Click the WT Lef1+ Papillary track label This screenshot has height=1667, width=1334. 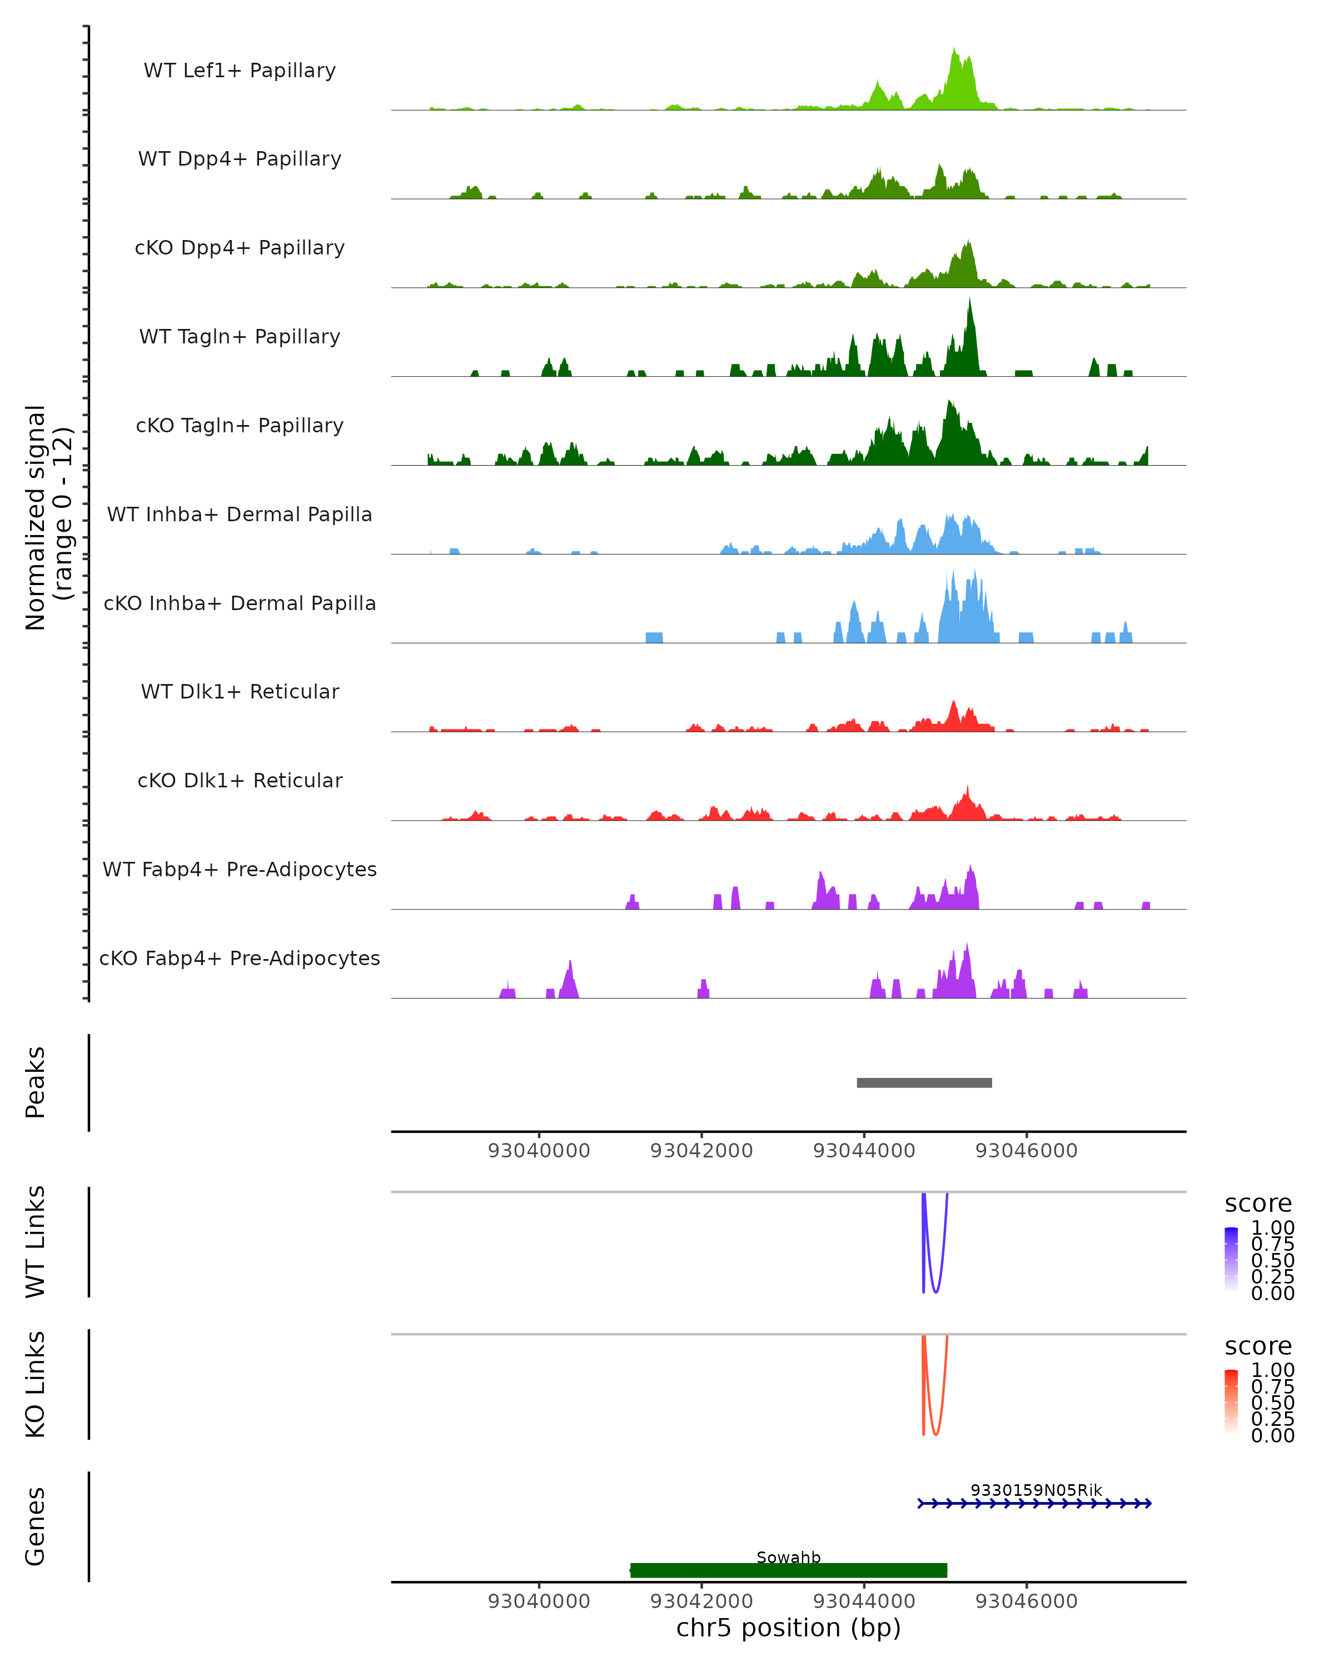pyautogui.click(x=240, y=71)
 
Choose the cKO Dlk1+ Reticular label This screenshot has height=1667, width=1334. pyautogui.click(x=240, y=780)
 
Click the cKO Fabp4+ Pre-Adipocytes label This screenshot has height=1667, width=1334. pyautogui.click(x=240, y=958)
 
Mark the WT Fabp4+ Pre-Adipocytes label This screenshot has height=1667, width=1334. pyautogui.click(x=240, y=869)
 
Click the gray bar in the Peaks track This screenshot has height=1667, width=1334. pyautogui.click(x=924, y=1082)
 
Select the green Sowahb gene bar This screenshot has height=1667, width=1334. pyautogui.click(x=788, y=1570)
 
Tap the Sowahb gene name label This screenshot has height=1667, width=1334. pyautogui.click(x=788, y=1556)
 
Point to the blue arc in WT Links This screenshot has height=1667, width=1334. pyautogui.click(x=935, y=1291)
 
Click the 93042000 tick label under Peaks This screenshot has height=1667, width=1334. pyautogui.click(x=701, y=1151)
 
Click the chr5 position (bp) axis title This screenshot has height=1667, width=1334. pyautogui.click(x=788, y=1628)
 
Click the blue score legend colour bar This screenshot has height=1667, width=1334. pyautogui.click(x=1231, y=1260)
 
